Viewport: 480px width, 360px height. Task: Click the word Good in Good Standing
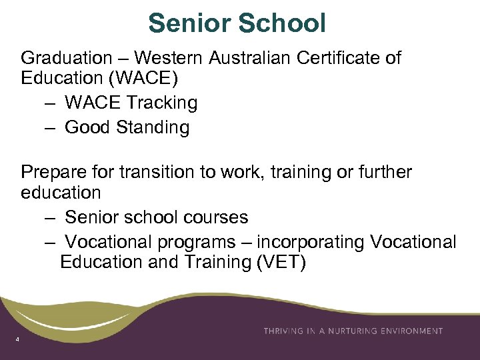[87, 127]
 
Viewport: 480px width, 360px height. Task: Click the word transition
[155, 173]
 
